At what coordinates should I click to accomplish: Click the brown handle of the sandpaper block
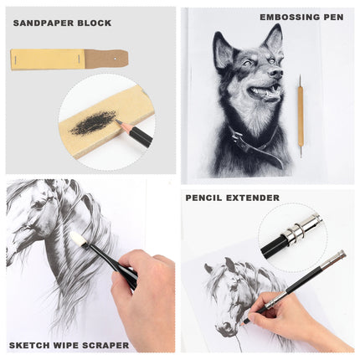pyautogui.click(x=107, y=59)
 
